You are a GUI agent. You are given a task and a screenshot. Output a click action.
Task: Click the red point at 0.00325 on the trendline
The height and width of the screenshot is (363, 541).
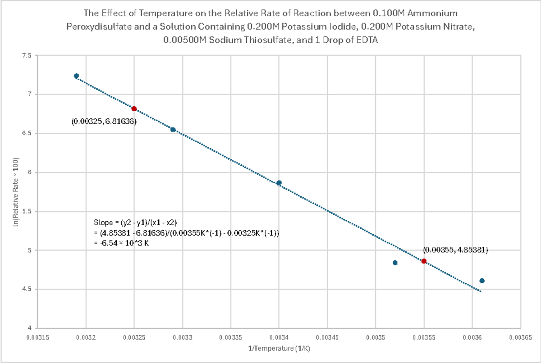[134, 109]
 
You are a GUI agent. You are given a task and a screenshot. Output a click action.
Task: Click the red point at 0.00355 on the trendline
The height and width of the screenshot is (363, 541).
[424, 261]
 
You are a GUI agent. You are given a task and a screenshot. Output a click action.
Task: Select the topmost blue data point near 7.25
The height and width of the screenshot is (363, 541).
[76, 76]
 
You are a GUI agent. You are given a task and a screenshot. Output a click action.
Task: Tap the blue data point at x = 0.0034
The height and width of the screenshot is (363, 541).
[279, 183]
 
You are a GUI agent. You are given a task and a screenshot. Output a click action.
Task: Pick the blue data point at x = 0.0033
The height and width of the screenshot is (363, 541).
[173, 130]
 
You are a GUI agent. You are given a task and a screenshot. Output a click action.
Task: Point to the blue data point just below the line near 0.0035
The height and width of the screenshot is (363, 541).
[395, 263]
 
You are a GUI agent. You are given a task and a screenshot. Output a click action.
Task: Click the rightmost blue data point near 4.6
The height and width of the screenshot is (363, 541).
[481, 281]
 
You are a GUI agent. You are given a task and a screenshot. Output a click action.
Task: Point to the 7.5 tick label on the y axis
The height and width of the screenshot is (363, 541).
[27, 55]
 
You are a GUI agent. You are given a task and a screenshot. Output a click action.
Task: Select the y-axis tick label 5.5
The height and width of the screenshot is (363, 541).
[27, 211]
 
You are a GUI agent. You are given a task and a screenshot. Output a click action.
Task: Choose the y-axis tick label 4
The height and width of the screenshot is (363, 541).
[29, 328]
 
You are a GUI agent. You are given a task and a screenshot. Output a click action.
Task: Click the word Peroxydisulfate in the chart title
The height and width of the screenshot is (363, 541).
[92, 26]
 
